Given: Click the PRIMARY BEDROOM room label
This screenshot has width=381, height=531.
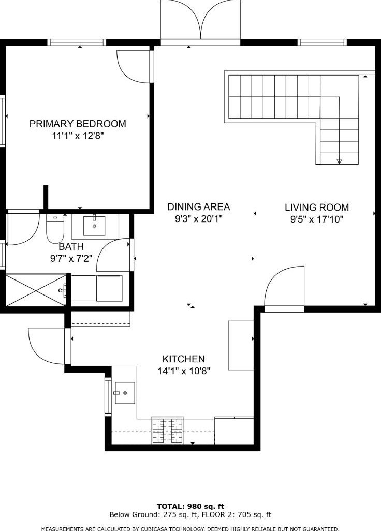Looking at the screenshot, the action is (78, 124).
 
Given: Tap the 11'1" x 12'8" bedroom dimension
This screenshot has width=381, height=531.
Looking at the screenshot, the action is (78, 136).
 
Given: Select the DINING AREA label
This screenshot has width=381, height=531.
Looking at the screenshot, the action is (199, 207).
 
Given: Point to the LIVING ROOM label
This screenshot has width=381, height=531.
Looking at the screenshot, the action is (317, 207).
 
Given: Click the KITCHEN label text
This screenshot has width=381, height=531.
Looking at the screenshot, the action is (184, 359).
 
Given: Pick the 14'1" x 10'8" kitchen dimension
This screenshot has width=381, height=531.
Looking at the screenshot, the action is (184, 371).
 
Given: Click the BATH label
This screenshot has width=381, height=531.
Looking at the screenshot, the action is (71, 246).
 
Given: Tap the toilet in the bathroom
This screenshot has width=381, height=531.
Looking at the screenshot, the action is (55, 229).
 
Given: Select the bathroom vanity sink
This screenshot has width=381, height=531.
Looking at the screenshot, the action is (94, 225).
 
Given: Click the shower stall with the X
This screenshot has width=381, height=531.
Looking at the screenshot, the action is (36, 290).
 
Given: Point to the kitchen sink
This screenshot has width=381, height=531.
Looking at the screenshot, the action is (125, 393).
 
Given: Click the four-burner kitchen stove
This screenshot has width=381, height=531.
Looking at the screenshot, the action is (168, 431).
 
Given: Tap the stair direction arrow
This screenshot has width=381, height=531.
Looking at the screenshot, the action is (340, 161).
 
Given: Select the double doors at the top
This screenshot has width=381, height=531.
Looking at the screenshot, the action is (200, 20).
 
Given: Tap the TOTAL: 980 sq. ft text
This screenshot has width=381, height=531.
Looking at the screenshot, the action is (190, 507).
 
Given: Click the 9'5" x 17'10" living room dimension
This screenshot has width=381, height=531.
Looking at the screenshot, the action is (317, 219).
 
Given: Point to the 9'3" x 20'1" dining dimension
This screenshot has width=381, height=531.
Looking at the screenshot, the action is (198, 219).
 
